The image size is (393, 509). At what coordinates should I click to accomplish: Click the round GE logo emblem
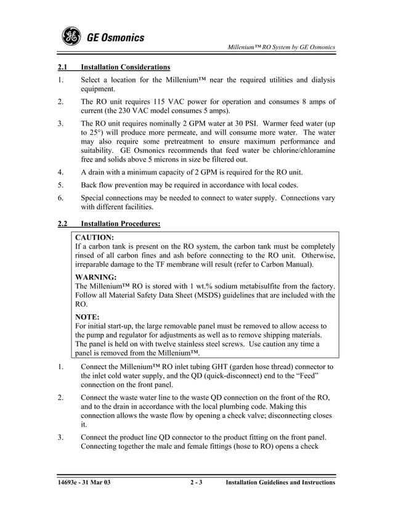pyautogui.click(x=71, y=37)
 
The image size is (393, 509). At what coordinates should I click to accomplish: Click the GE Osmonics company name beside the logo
pyautogui.click(x=115, y=38)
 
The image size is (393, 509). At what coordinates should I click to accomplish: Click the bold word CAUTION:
pyautogui.click(x=94, y=237)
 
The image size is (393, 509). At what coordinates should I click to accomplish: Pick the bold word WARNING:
pyautogui.click(x=95, y=277)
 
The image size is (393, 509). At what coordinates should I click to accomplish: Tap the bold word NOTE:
pyautogui.click(x=87, y=317)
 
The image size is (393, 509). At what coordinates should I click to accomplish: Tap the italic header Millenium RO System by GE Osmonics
pyautogui.click(x=282, y=47)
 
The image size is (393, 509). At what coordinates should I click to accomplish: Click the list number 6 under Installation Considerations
pyautogui.click(x=60, y=198)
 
